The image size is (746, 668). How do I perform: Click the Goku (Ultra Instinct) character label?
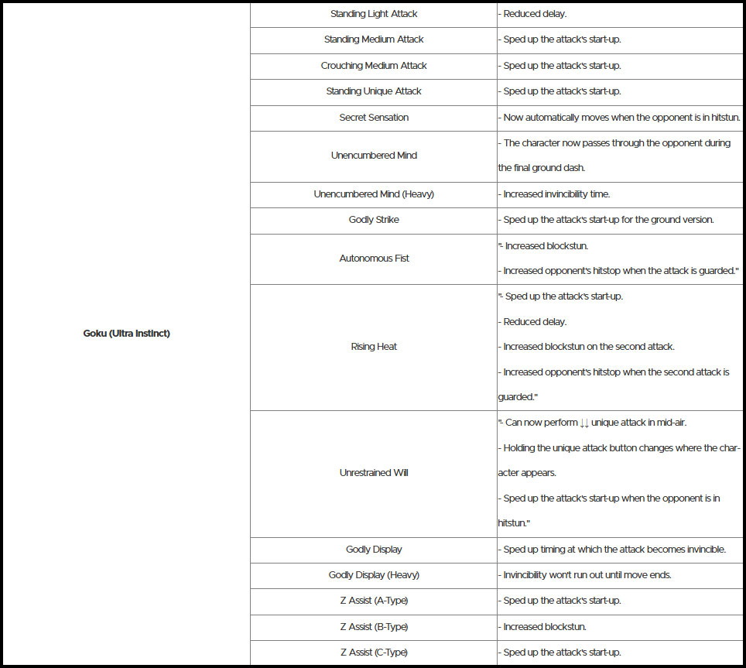point(126,334)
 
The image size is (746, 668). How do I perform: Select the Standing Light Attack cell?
point(374,14)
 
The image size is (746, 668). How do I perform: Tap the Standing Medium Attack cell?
point(374,39)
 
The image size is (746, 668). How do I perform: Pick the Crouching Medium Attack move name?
point(374,66)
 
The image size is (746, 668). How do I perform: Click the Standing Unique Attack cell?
point(374,91)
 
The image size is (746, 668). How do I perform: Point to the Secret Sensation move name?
point(374,118)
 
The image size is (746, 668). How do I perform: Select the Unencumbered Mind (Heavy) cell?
point(374,194)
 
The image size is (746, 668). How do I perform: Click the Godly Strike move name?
point(374,220)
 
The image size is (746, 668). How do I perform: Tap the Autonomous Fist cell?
point(374,259)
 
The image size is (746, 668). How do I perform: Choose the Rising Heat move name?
point(374,347)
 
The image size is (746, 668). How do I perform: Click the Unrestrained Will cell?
point(374,473)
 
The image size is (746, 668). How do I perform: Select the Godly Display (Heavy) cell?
point(374,575)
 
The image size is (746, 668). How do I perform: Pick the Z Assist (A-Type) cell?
point(374,601)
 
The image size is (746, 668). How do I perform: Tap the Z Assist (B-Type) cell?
point(374,627)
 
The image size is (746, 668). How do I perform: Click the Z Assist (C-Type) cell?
point(374,653)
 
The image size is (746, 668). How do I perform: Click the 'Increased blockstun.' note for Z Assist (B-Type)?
point(540,627)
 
